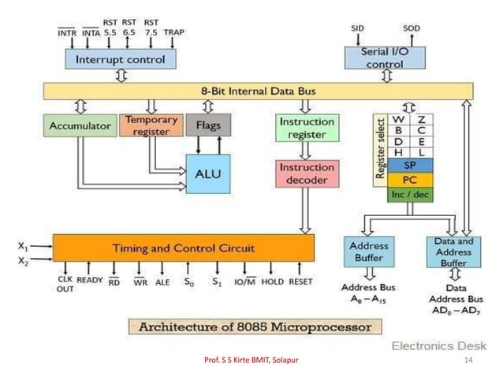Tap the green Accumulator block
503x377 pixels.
(79, 125)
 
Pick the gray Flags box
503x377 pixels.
(209, 125)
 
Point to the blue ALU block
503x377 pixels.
(208, 174)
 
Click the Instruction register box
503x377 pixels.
(307, 128)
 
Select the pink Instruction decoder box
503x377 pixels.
(307, 174)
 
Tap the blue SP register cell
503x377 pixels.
(410, 166)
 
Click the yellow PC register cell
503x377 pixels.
(410, 180)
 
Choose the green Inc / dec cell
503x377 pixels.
(410, 194)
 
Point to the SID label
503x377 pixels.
(360, 28)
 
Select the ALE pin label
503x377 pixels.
(163, 282)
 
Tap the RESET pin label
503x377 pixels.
(300, 282)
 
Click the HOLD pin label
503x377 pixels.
(272, 282)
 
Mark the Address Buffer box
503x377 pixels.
(367, 252)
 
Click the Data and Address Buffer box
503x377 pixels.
(453, 252)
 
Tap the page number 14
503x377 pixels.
(468, 360)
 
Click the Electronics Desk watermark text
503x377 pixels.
(439, 345)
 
